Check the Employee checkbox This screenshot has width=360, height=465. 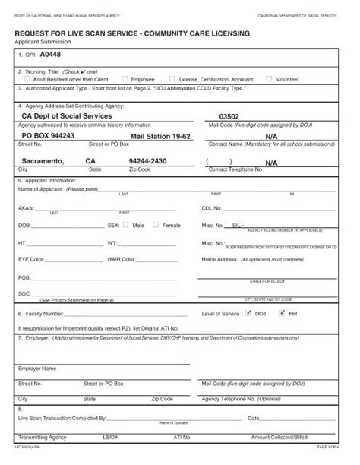coord(128,78)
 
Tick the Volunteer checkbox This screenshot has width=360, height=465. coord(270,78)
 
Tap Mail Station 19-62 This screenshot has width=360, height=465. coord(159,135)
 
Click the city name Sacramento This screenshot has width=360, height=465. coord(42,162)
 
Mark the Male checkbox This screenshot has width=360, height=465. coord(127,226)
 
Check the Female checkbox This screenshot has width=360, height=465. coord(156,226)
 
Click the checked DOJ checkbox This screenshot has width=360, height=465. coord(248,312)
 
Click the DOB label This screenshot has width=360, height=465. coord(24,226)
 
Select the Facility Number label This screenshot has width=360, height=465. coord(39,313)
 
